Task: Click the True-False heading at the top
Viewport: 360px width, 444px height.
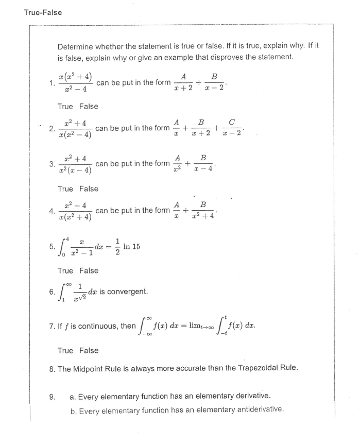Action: click(x=43, y=12)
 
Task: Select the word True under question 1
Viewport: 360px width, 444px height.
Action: click(x=65, y=106)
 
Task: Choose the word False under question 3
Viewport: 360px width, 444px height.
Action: click(x=89, y=189)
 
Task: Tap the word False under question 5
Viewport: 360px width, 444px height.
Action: click(x=89, y=270)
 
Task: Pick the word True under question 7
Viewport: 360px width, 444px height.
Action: click(x=65, y=350)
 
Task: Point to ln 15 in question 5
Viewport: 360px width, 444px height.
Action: click(x=131, y=246)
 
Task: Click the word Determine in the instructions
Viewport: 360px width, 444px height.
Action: click(x=75, y=45)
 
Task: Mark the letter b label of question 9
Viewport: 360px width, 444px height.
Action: click(x=73, y=410)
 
